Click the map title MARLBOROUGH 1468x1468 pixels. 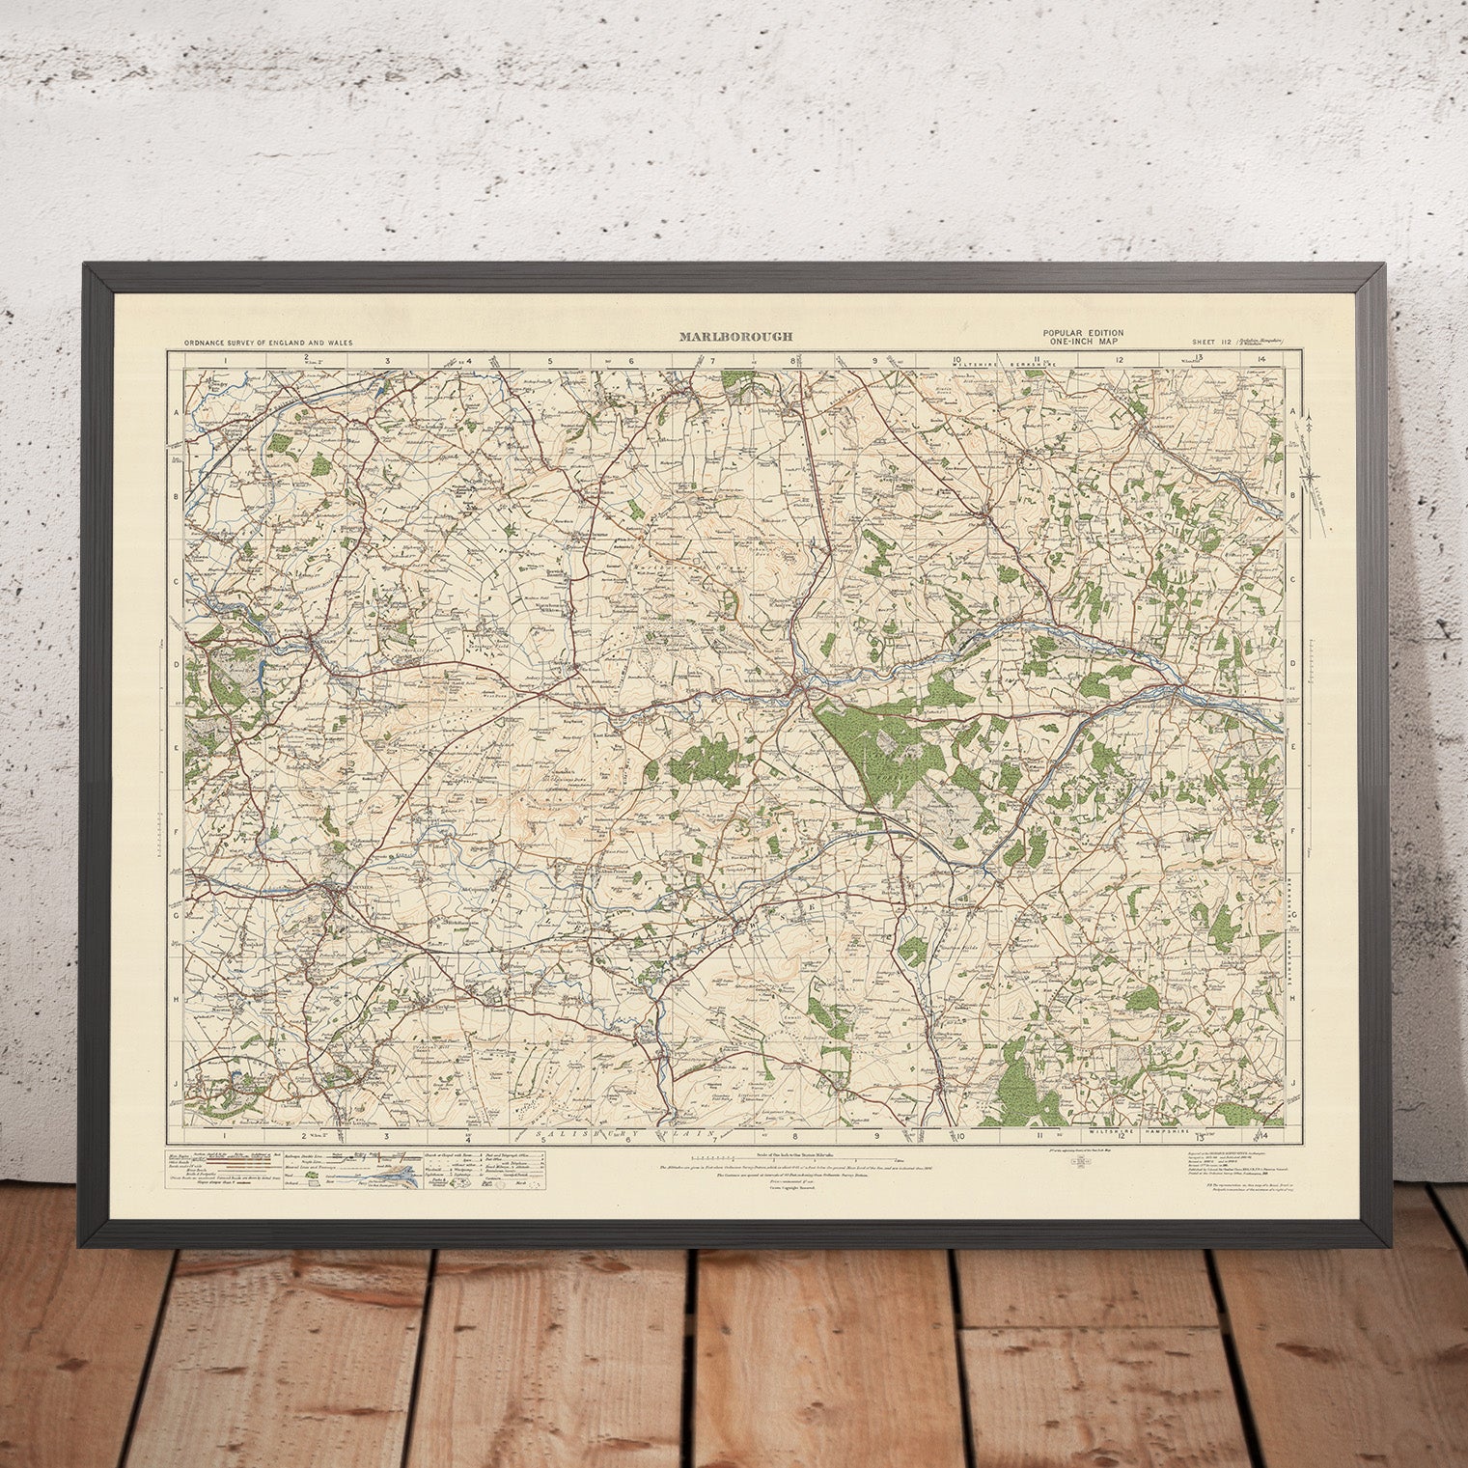[735, 337]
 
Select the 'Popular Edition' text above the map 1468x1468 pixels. [1081, 333]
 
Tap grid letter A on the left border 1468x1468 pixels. [177, 411]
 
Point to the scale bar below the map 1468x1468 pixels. [791, 1157]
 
